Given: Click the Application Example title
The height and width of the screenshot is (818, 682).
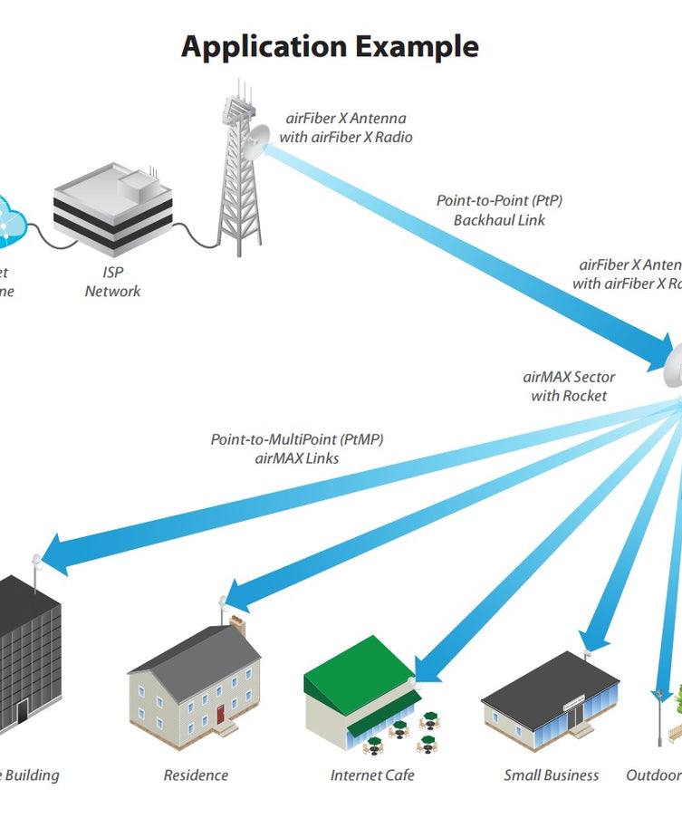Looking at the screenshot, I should [330, 46].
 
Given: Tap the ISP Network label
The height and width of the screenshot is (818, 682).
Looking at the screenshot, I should [113, 282].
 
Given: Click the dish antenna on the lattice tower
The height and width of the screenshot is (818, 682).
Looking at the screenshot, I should [255, 141].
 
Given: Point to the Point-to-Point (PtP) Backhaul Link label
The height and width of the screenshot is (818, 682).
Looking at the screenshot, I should [505, 210].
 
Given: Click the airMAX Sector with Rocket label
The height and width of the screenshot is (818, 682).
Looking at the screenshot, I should [569, 387].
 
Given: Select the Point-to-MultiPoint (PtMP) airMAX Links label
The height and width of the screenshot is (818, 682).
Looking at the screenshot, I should [297, 449].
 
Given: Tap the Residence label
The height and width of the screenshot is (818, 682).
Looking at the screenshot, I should [196, 775].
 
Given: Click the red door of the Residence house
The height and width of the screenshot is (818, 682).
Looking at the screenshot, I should [220, 714].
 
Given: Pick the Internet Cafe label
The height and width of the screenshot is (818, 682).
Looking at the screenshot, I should [372, 775].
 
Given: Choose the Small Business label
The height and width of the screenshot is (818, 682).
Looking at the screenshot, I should [552, 775].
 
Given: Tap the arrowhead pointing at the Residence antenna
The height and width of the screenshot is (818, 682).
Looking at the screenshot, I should [237, 595].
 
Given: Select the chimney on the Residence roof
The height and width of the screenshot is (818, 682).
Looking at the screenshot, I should [237, 624].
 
